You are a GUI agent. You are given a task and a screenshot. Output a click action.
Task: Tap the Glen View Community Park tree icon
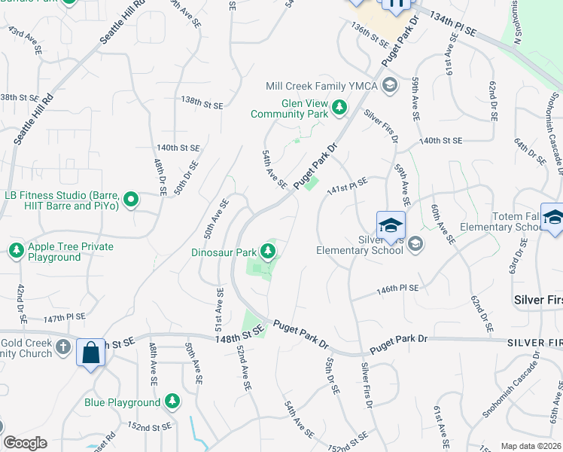[x=339, y=108]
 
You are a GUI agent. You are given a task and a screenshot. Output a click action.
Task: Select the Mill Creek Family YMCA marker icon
[x=389, y=84]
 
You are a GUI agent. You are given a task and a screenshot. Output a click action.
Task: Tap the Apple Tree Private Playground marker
[x=16, y=249]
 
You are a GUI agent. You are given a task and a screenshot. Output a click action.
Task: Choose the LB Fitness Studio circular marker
[x=132, y=200]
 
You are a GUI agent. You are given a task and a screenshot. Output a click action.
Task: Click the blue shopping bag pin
[x=91, y=353]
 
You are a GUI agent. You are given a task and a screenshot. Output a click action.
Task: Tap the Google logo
[x=24, y=443]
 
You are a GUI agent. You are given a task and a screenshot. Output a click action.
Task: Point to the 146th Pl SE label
[x=397, y=289]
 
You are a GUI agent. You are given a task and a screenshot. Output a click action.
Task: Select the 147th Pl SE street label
[x=64, y=318]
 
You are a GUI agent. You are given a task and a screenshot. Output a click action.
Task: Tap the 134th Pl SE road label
[x=455, y=25]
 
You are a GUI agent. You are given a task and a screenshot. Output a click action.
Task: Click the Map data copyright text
[x=531, y=446]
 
